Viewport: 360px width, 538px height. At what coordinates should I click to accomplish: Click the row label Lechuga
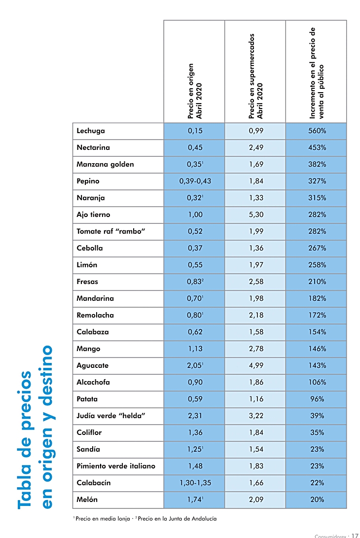[91, 131]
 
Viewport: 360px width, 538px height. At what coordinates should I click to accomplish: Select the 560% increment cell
[317, 131]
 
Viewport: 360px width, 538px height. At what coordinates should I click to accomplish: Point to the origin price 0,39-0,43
[195, 181]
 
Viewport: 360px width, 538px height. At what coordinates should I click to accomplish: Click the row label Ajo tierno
[93, 215]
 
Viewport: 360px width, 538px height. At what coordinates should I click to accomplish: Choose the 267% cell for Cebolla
[317, 249]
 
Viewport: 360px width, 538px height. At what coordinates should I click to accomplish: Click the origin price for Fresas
[195, 282]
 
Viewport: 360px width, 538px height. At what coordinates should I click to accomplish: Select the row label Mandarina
[95, 299]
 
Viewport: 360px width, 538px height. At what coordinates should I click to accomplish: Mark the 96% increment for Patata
[317, 399]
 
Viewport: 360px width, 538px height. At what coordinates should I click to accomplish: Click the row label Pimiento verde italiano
[116, 466]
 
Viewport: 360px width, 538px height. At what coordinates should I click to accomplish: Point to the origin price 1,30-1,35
[195, 483]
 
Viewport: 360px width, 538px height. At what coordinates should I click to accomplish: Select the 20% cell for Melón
[317, 500]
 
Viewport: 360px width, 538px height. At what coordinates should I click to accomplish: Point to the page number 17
[354, 535]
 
